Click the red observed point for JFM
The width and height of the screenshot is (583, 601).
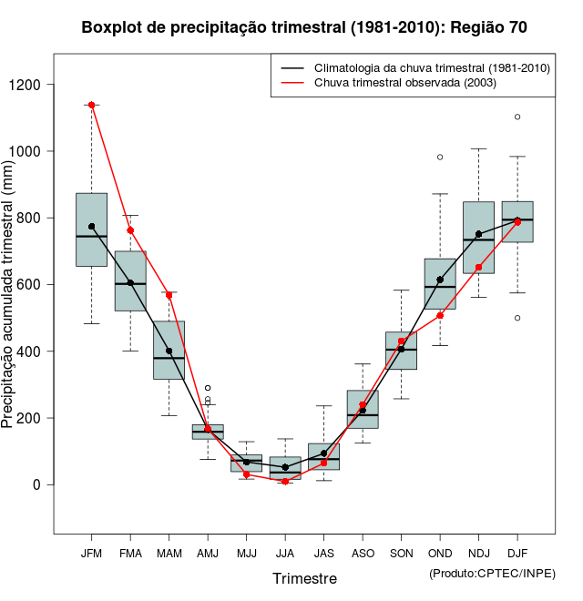[x=92, y=105]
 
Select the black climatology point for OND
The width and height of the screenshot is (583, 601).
[x=440, y=280]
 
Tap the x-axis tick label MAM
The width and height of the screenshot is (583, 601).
[x=169, y=553]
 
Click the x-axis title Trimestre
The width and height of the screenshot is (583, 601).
[x=304, y=578]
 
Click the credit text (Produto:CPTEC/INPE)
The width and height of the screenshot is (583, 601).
[x=492, y=573]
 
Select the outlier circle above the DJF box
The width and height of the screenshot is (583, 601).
[x=517, y=117]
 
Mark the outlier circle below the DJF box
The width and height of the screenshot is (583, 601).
[x=517, y=318]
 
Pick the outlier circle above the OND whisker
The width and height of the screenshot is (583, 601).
[x=440, y=157]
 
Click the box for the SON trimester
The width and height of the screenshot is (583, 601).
[x=401, y=351]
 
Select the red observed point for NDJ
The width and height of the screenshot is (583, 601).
[x=478, y=268]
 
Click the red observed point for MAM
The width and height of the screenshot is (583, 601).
[x=169, y=295]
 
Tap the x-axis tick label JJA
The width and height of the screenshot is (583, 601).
[x=285, y=553]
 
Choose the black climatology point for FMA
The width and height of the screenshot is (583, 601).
[x=130, y=282]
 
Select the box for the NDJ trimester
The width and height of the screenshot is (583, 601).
[x=478, y=238]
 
